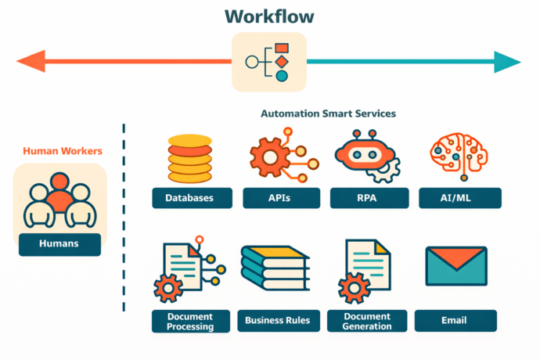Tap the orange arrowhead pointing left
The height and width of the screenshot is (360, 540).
[30, 61]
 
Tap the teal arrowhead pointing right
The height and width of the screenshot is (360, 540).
[507, 61]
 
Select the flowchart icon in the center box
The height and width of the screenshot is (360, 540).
[268, 61]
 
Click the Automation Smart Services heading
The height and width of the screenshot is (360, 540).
[328, 113]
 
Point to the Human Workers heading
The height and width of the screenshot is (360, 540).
[62, 151]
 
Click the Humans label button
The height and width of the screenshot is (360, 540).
[59, 244]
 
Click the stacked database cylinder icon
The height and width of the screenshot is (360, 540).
[189, 158]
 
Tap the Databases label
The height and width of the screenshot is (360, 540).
[189, 198]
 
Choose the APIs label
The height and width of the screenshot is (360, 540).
[278, 198]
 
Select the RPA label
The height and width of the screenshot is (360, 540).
[367, 198]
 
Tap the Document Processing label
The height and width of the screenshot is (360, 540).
[190, 321]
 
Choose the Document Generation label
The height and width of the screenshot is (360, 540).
[367, 321]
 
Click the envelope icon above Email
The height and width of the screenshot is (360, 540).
[455, 266]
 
